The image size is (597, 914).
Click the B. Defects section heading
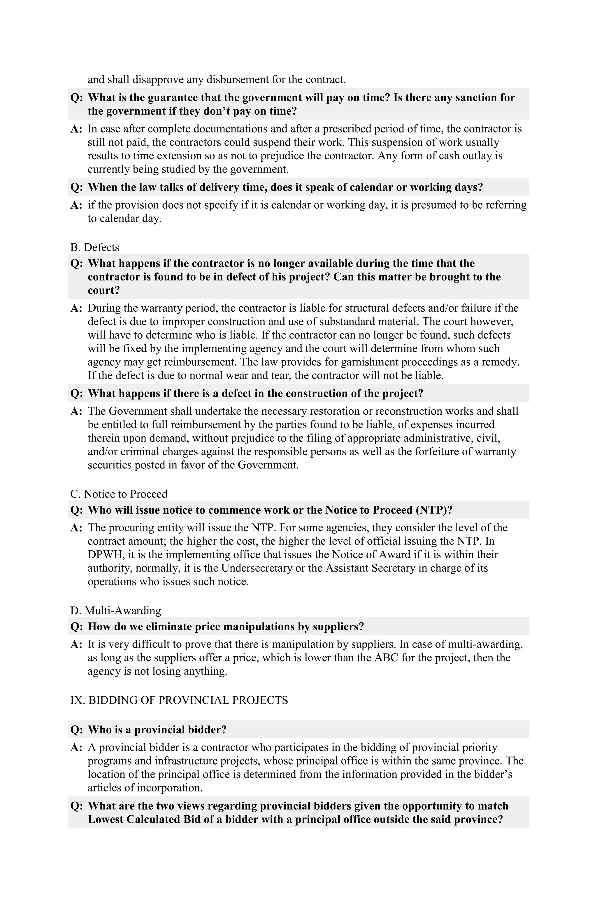[x=95, y=247]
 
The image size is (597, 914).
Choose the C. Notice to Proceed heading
[x=119, y=493]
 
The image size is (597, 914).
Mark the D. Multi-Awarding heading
[x=116, y=610]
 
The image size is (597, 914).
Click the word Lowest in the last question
[x=106, y=819]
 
